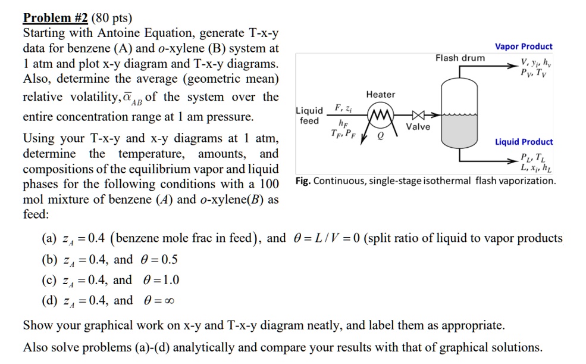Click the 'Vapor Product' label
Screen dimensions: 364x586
[524, 46]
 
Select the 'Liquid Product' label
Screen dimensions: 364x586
[524, 142]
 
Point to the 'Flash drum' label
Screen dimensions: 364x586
[460, 58]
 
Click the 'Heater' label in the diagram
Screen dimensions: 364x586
[381, 95]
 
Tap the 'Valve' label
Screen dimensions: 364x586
[418, 126]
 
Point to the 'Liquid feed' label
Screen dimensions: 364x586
[309, 116]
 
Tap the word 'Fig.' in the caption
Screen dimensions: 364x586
[303, 181]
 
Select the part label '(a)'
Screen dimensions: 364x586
[50, 239]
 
